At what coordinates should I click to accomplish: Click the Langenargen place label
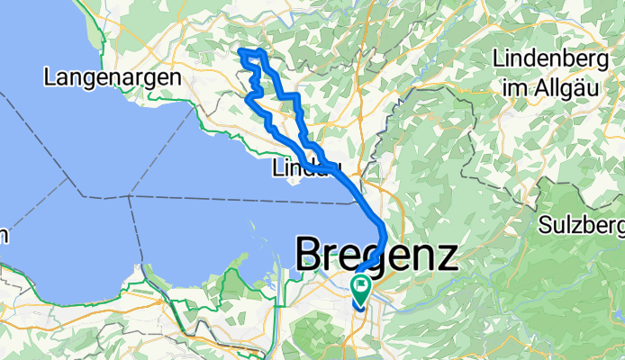point(113,77)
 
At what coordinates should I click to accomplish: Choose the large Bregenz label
point(377,256)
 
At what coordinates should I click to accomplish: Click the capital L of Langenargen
point(51,77)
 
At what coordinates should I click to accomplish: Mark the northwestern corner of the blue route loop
point(240,54)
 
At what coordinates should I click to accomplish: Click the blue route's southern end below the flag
point(359,306)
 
